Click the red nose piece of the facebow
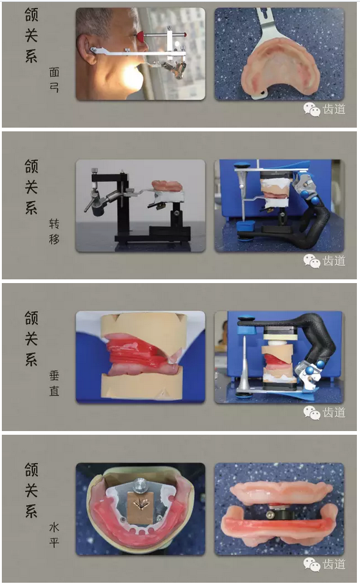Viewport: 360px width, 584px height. (141, 36)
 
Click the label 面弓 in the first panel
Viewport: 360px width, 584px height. (54, 80)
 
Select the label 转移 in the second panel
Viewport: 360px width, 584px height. (54, 231)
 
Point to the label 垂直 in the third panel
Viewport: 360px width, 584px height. (54, 383)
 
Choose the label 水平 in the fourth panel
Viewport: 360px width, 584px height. (54, 535)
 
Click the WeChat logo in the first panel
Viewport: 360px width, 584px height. (311, 110)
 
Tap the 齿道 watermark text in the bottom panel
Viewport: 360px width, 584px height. (334, 564)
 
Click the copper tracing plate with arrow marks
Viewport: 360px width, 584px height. (141, 504)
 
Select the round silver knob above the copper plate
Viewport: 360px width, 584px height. (141, 484)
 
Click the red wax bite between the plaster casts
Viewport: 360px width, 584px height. (139, 355)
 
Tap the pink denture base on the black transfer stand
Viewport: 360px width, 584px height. (167, 186)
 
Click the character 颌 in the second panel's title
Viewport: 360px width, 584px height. (31, 167)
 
